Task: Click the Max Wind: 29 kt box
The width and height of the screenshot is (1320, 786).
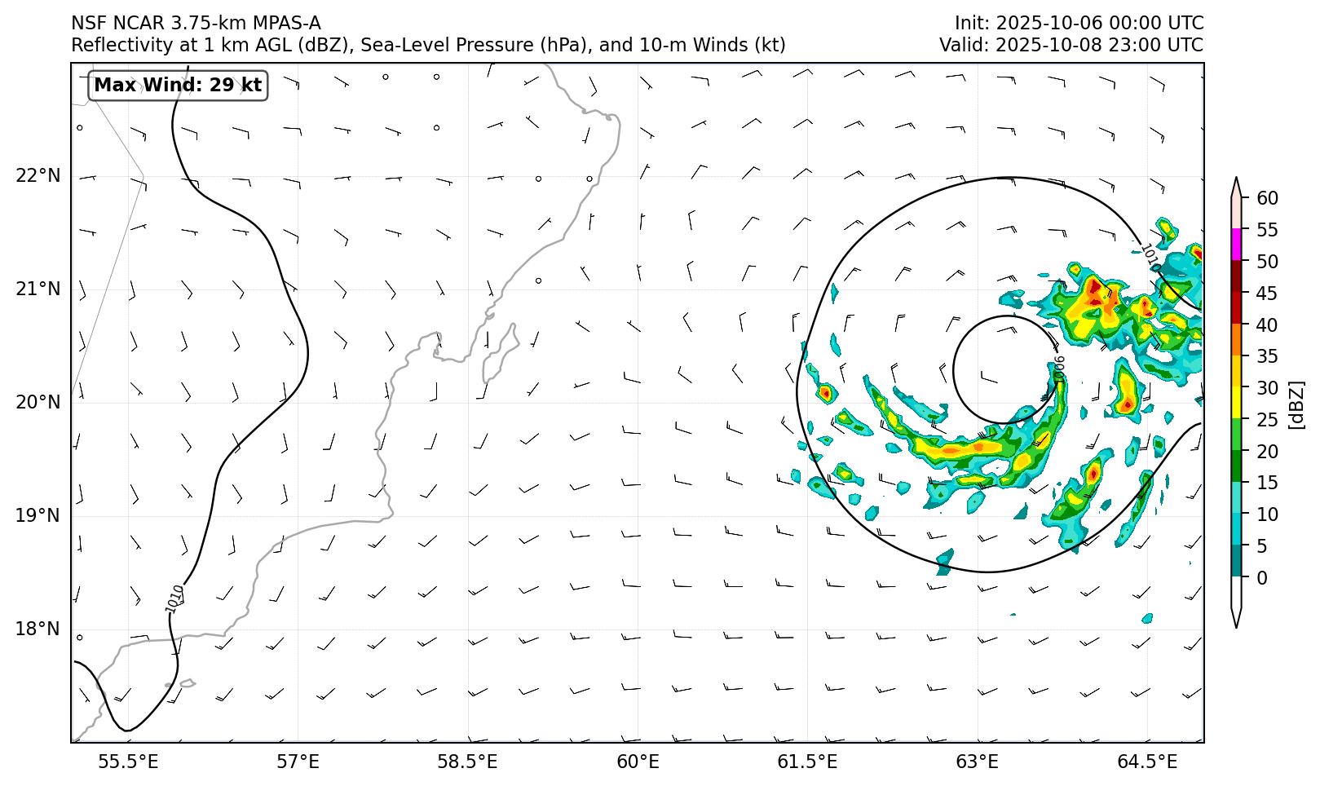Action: pos(178,85)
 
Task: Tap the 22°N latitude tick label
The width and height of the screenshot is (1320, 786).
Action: pos(38,176)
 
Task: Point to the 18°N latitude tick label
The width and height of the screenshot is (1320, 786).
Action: pos(38,629)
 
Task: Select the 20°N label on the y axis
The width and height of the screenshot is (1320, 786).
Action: pos(38,403)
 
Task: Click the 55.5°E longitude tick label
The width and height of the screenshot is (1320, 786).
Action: pos(128,762)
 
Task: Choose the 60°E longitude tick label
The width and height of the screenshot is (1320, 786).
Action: pos(638,762)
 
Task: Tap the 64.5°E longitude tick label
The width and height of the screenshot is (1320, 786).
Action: pos(1147,762)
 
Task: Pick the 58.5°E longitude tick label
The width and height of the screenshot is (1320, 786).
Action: pos(467,762)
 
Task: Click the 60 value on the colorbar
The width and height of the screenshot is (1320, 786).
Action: pos(1268,198)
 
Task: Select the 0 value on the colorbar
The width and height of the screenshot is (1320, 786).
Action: pos(1263,578)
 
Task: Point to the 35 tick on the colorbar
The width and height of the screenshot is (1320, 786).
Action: pos(1268,356)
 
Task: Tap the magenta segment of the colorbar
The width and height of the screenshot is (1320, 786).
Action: pos(1237,245)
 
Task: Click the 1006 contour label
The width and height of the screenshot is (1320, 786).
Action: pos(1059,369)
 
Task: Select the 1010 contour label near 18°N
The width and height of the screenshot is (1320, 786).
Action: pos(174,599)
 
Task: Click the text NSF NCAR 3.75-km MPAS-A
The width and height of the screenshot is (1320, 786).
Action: pos(196,24)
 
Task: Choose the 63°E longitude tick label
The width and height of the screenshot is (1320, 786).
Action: pos(977,762)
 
